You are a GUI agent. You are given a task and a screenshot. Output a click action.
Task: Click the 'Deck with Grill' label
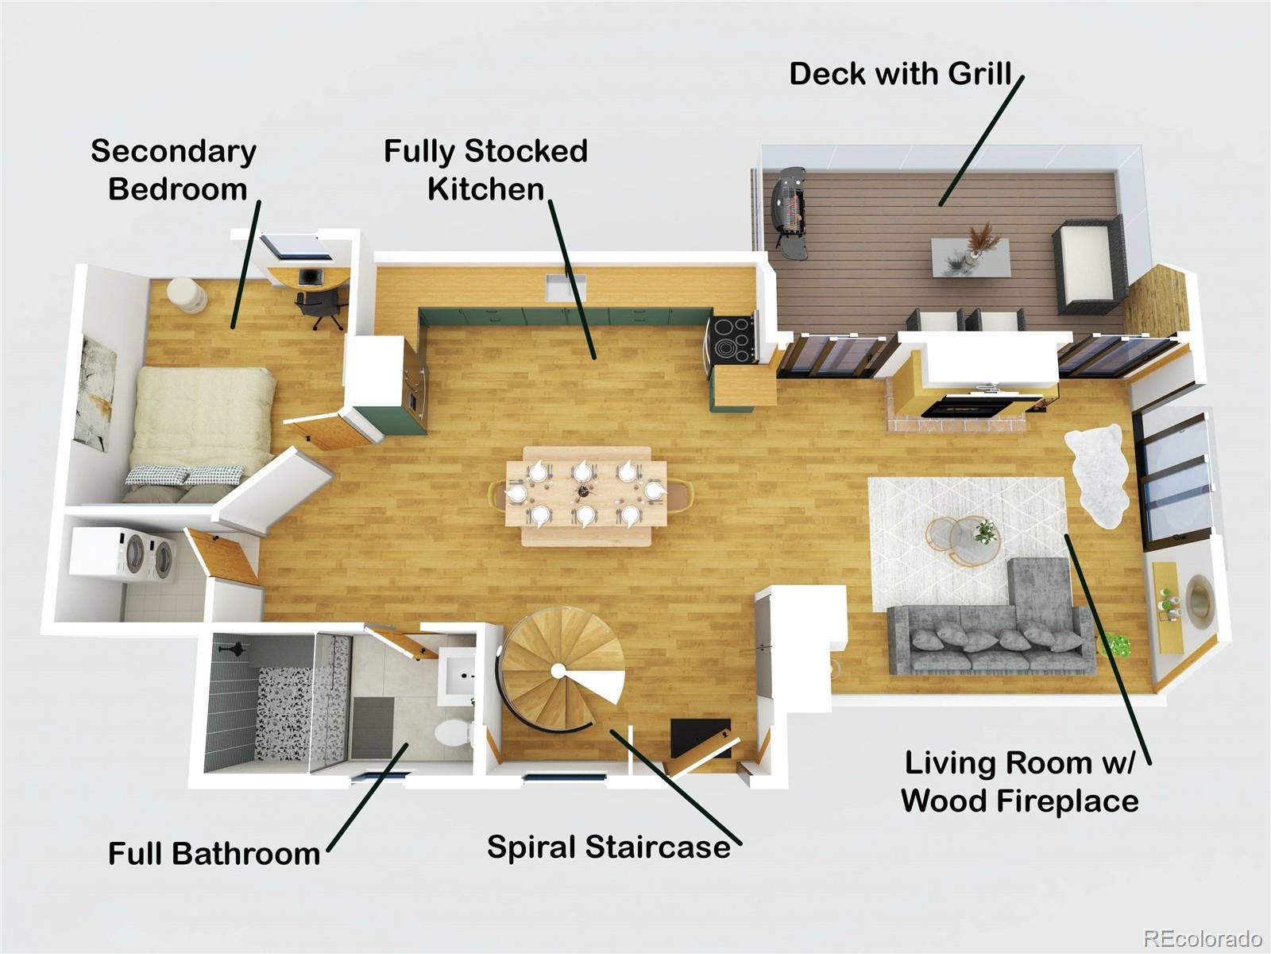(x=900, y=74)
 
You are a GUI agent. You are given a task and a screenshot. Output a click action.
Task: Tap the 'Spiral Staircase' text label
(x=608, y=847)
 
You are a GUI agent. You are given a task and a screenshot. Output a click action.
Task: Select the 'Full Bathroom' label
(x=214, y=853)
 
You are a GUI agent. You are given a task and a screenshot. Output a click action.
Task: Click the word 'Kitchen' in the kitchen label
(x=486, y=189)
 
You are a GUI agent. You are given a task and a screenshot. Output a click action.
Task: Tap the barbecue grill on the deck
(x=787, y=212)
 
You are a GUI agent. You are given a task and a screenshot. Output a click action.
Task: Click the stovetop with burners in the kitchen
(x=732, y=339)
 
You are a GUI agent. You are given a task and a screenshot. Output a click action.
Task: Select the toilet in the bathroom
(x=453, y=733)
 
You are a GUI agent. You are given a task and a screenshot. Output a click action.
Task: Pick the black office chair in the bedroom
(x=317, y=308)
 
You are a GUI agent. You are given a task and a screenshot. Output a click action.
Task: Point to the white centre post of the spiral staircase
(x=558, y=671)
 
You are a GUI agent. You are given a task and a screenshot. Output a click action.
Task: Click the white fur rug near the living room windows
(x=1097, y=475)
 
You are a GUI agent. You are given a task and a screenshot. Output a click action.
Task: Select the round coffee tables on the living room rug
(x=962, y=540)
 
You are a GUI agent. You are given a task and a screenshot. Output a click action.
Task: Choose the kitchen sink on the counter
(x=566, y=288)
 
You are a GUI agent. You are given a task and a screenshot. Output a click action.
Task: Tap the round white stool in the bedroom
(x=187, y=295)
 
